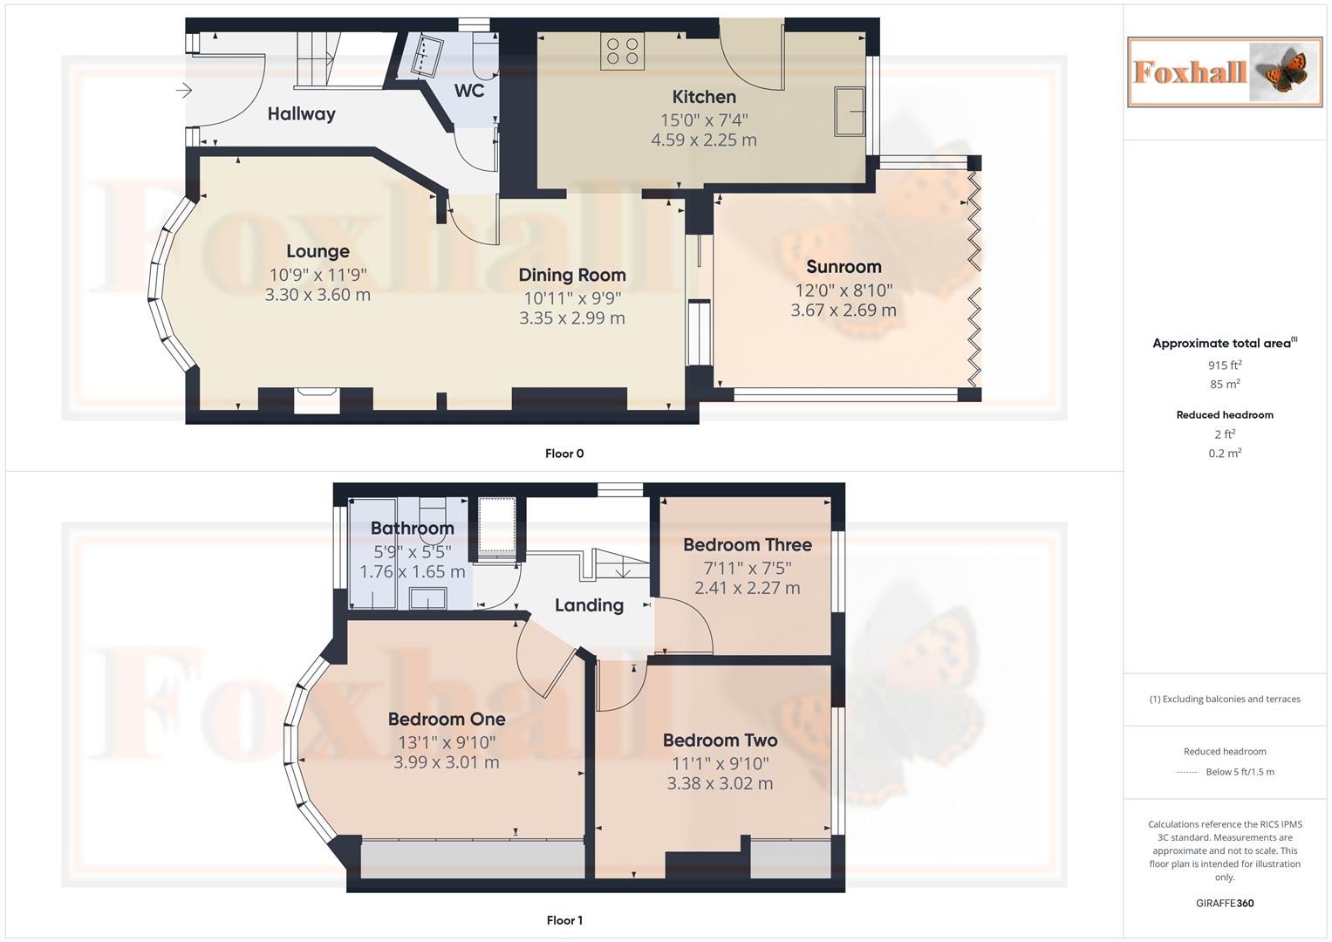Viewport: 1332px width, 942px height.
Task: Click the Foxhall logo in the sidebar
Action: coord(1224,72)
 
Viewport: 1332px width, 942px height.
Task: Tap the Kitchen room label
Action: coord(703,97)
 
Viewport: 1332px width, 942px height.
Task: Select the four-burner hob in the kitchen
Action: coord(622,51)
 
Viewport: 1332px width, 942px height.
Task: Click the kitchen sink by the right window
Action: coord(850,111)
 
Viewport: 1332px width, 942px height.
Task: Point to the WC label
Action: coord(468,91)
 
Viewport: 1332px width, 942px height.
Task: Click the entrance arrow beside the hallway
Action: coord(183,90)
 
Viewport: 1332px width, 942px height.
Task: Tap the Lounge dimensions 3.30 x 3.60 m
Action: coord(318,295)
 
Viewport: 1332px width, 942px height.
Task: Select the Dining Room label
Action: coord(571,275)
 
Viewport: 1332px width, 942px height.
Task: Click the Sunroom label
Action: coord(843,267)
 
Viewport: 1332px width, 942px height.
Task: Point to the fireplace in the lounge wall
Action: coord(316,401)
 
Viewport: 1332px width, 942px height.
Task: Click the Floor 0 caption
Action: coord(564,454)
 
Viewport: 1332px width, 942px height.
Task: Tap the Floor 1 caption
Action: coord(564,920)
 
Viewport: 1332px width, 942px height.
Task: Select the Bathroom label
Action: coord(412,528)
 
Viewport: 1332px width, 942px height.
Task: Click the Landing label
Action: coord(589,605)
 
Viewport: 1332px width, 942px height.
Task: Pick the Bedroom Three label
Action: coord(747,545)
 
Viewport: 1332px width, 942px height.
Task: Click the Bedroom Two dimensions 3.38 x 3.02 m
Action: coord(720,783)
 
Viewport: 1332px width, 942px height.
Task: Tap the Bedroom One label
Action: coord(446,720)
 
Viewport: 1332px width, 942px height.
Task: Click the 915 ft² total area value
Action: coord(1224,365)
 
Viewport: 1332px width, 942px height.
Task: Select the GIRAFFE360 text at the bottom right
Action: coord(1224,904)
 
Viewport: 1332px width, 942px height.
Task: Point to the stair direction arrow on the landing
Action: coord(624,571)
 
